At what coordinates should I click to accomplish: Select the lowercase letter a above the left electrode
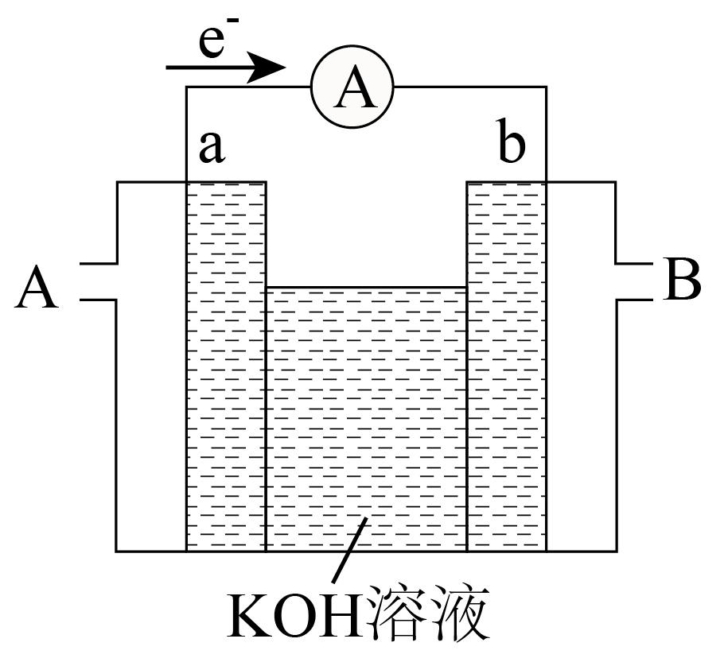pos(210,148)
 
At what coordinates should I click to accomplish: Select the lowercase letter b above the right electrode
pos(511,146)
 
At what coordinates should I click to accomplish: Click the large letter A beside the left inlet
pos(37,287)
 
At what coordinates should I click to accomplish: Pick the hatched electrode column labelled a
pos(226,366)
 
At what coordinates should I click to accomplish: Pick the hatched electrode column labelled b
pos(506,366)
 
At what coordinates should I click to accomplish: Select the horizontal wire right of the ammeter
pos(469,87)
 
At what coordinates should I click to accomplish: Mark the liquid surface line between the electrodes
pos(366,288)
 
